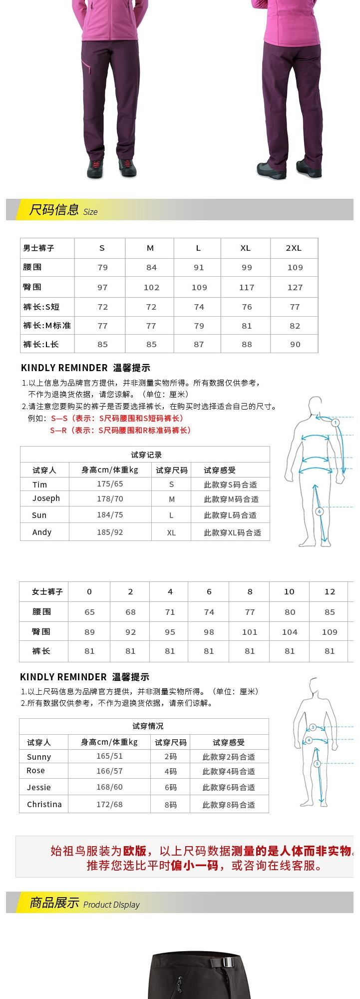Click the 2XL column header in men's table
point(294,248)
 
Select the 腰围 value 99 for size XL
point(247,268)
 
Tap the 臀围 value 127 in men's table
point(295,288)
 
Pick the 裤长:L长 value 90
point(295,344)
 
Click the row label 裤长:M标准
point(47,326)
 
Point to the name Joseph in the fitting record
point(46,499)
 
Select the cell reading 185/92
point(110,532)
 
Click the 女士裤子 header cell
point(47,592)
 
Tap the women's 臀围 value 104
point(290,632)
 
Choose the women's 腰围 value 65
point(90,612)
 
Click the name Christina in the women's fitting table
point(44,805)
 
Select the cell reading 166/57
point(109,771)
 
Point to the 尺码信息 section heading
point(54,210)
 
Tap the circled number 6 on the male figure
point(320,511)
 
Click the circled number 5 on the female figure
point(317,764)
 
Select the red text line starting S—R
point(120,430)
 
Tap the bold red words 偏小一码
point(195,866)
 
